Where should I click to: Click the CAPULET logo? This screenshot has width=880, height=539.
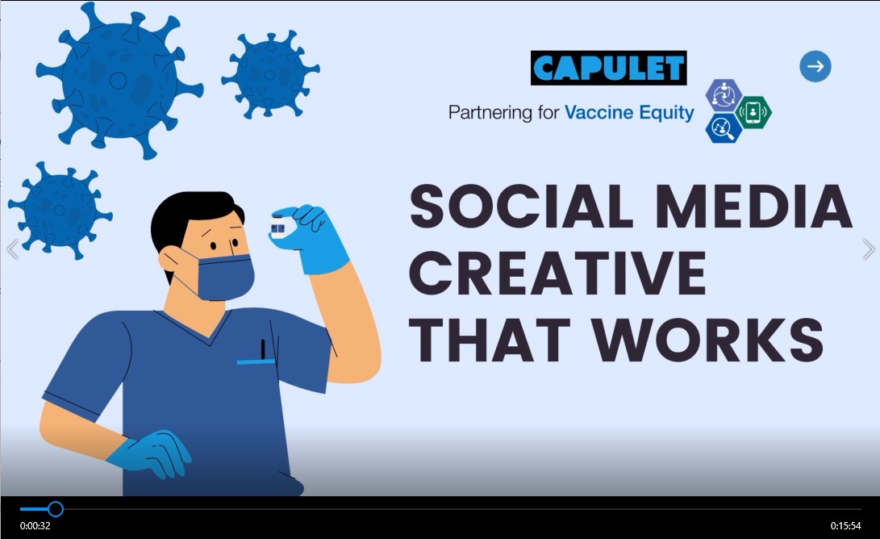pyautogui.click(x=608, y=69)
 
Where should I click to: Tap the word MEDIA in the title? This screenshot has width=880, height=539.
pyautogui.click(x=751, y=207)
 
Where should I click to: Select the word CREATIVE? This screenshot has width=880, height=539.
pyautogui.click(x=558, y=274)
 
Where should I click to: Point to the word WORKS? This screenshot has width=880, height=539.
pyautogui.click(x=708, y=340)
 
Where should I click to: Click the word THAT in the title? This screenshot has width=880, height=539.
pyautogui.click(x=494, y=340)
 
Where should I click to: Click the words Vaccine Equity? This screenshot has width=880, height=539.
pyautogui.click(x=629, y=113)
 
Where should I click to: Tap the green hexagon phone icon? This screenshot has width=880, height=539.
pyautogui.click(x=753, y=112)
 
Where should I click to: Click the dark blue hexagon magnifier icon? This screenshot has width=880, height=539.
pyautogui.click(x=724, y=128)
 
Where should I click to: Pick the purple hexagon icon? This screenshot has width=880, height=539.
pyautogui.click(x=724, y=95)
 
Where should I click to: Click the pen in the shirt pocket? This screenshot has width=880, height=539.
pyautogui.click(x=263, y=349)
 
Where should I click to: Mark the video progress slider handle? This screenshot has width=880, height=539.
pyautogui.click(x=56, y=508)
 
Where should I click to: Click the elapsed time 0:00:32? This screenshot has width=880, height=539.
pyautogui.click(x=35, y=526)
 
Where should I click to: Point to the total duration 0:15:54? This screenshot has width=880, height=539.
pyautogui.click(x=846, y=526)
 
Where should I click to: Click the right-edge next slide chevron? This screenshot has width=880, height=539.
pyautogui.click(x=868, y=249)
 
